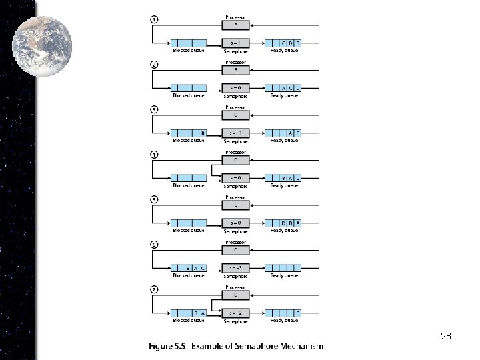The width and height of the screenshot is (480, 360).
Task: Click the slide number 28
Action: tap(446, 337)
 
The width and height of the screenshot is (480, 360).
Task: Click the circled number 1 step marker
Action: tap(154, 19)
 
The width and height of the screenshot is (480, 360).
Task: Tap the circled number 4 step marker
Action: tap(154, 155)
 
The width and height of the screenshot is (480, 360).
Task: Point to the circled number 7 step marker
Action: tap(154, 290)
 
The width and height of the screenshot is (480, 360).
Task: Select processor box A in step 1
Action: tap(235, 25)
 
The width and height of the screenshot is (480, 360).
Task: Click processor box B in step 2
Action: tap(235, 70)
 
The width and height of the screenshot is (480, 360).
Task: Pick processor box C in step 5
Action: tap(235, 205)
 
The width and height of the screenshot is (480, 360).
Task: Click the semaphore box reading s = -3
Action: tap(235, 268)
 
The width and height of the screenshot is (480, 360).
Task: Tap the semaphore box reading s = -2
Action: tap(235, 313)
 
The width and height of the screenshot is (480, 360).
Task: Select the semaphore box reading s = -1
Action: tap(235, 133)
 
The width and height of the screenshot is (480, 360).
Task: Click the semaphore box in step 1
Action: tap(235, 43)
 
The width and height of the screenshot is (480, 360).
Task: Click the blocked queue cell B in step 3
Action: tap(202, 133)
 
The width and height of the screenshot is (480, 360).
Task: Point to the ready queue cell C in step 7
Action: tap(297, 313)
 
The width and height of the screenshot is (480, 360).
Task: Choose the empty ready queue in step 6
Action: tap(283, 268)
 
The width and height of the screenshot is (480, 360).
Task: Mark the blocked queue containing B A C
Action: tap(189, 268)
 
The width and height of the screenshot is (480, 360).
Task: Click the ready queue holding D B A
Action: tap(283, 223)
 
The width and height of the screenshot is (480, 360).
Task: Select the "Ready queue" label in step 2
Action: tap(284, 95)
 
